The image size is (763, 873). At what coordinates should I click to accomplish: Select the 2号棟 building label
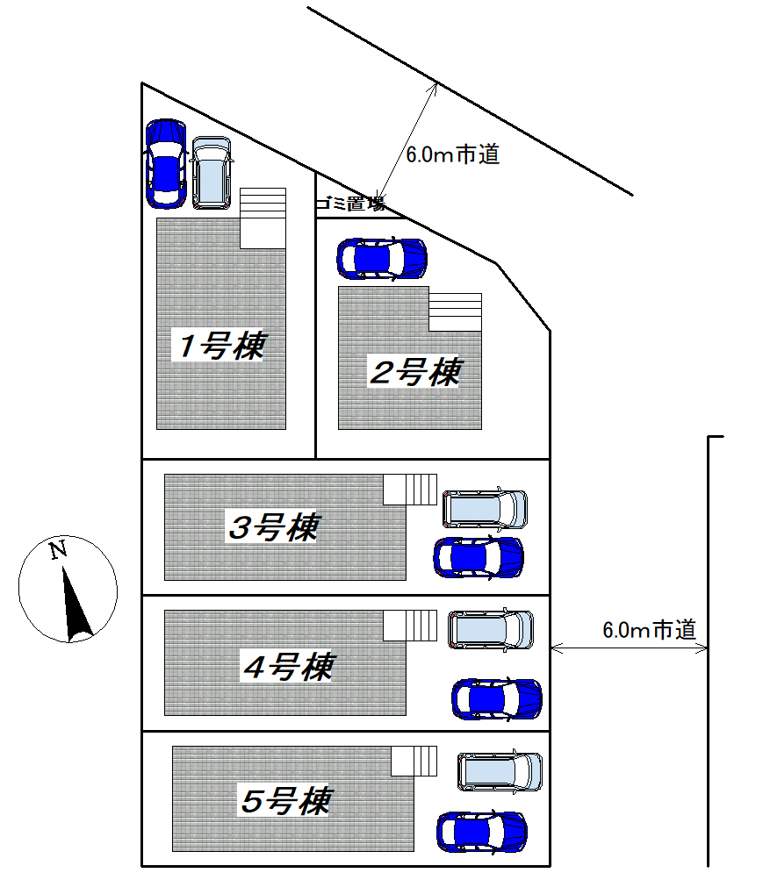pos(416,372)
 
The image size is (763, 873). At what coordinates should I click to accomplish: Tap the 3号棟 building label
pos(274,526)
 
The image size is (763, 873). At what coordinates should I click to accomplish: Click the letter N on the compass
pos(59,550)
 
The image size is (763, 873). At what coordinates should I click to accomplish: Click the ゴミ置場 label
pos(350,204)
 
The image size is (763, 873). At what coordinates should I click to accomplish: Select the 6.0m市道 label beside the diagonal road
pos(452,154)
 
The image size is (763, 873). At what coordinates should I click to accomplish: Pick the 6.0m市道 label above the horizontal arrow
pos(650,630)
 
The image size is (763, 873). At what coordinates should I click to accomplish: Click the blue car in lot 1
pos(166,164)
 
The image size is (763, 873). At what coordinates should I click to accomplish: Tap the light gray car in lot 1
pos(212,173)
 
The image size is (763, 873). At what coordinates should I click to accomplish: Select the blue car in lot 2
pos(382,259)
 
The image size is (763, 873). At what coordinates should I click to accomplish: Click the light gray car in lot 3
pos(485,509)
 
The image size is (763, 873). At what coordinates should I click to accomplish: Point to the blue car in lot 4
pos(497,699)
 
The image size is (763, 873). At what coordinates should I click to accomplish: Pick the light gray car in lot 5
pos(500,771)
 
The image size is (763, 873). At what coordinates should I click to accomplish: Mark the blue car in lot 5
pos(482,833)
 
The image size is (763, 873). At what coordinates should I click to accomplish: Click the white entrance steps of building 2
pos(455,312)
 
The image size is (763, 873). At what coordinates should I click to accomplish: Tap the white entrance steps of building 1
pos(263,218)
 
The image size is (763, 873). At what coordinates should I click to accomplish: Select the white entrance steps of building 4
pos(410,626)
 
